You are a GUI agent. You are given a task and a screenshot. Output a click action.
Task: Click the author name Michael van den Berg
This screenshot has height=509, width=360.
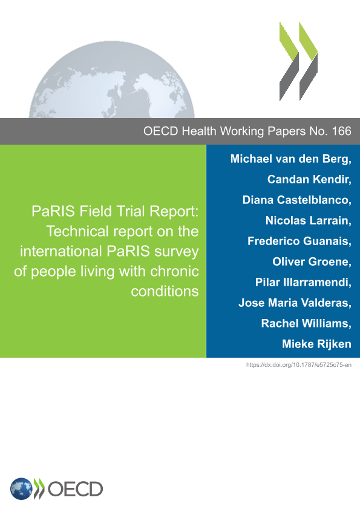click(x=290, y=159)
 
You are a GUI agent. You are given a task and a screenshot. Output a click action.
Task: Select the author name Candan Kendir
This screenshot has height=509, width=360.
click(x=309, y=180)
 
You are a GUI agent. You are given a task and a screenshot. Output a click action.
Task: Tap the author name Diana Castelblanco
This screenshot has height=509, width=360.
click(x=296, y=200)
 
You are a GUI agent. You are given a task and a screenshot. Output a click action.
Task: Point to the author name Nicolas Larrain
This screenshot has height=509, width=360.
click(x=307, y=221)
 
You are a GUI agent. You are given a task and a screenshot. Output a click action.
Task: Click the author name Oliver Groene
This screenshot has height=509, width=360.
click(x=311, y=261)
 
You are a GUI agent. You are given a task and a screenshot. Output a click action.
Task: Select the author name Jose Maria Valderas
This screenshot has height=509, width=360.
click(x=294, y=303)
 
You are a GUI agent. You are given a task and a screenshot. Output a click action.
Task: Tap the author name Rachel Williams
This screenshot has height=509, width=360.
click(x=305, y=323)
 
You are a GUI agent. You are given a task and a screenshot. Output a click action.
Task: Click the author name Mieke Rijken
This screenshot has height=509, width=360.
click(x=317, y=344)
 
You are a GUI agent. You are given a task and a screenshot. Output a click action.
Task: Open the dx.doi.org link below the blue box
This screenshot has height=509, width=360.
click(x=299, y=365)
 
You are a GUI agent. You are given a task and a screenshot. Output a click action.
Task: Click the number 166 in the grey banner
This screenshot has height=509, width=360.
click(x=341, y=131)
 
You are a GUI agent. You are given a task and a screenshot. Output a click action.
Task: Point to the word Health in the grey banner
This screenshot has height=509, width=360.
click(x=199, y=131)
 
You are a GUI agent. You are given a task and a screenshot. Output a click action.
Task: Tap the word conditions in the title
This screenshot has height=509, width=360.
click(x=165, y=291)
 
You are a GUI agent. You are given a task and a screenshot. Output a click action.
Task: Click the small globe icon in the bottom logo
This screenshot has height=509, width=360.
click(x=21, y=488)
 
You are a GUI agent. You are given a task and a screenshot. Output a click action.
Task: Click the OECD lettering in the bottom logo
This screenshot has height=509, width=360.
click(x=75, y=489)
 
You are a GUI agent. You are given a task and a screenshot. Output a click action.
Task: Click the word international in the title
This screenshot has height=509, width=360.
click(x=61, y=251)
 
